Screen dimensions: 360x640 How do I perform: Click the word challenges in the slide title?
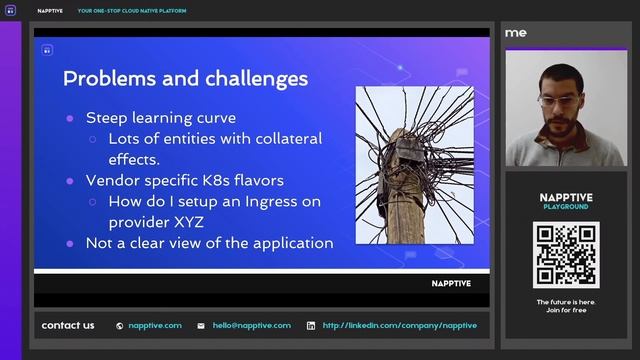click(x=250, y=78)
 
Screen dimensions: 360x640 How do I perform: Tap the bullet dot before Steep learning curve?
click(x=69, y=118)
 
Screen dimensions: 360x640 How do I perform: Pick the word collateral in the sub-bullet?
click(x=280, y=138)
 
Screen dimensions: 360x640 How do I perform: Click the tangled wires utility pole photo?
click(x=414, y=164)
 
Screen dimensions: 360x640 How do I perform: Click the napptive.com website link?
click(x=155, y=325)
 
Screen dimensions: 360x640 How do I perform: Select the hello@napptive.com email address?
click(x=251, y=325)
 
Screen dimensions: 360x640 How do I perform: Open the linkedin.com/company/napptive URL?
click(x=399, y=325)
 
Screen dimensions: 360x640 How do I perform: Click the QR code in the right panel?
click(x=565, y=254)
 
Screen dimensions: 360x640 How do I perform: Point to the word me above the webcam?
click(x=516, y=33)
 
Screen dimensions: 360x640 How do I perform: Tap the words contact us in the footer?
click(x=68, y=325)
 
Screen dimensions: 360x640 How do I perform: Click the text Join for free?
click(x=565, y=310)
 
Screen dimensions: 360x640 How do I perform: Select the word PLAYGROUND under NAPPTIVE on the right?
click(x=565, y=207)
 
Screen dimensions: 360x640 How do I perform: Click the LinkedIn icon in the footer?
click(x=311, y=325)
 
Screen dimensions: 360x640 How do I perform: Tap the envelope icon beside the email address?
click(x=201, y=325)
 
